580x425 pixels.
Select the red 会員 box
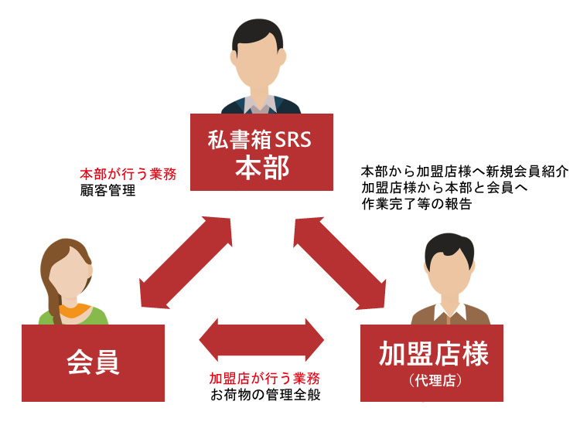(x=93, y=362)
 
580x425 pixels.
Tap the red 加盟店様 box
(x=432, y=362)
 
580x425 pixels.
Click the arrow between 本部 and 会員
(x=186, y=262)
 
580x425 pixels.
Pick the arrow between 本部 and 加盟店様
(x=339, y=262)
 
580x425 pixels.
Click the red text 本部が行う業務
(x=128, y=175)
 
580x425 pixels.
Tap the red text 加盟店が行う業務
(x=265, y=379)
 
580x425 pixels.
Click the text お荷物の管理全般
(x=265, y=394)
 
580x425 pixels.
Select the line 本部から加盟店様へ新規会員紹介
(x=465, y=172)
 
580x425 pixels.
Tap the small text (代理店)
(x=432, y=381)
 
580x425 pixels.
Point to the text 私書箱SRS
(x=262, y=140)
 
